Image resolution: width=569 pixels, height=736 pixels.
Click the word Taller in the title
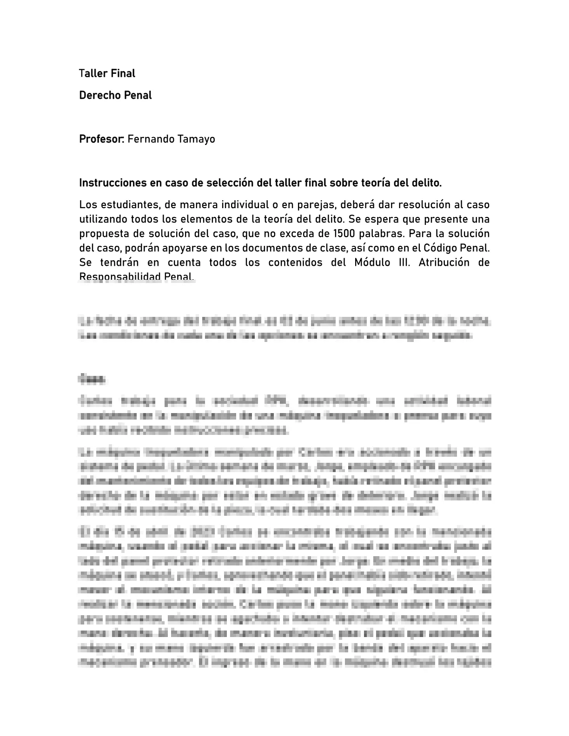click(x=93, y=73)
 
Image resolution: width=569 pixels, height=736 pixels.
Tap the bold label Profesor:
click(x=101, y=139)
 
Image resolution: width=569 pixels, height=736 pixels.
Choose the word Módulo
click(x=372, y=262)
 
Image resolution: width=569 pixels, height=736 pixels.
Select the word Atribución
click(x=444, y=262)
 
